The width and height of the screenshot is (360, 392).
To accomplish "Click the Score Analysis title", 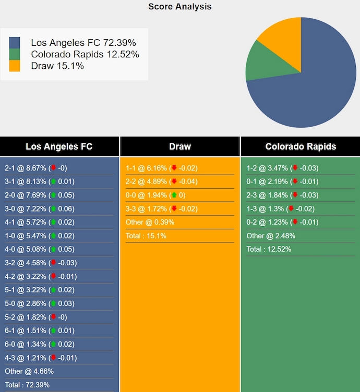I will pyautogui.click(x=179, y=7).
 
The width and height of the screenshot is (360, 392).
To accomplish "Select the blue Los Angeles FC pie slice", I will pyautogui.click(x=313, y=89).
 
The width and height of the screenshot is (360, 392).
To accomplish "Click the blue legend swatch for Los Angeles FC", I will pyautogui.click(x=15, y=43).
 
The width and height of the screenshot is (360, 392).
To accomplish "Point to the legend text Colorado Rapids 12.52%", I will pyautogui.click(x=85, y=54).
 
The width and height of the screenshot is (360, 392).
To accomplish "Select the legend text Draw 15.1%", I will pyautogui.click(x=57, y=66).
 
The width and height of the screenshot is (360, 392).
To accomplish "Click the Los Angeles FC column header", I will pyautogui.click(x=59, y=146).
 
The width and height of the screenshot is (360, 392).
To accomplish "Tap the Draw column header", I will pyautogui.click(x=180, y=146).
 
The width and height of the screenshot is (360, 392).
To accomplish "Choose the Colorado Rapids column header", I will pyautogui.click(x=301, y=146).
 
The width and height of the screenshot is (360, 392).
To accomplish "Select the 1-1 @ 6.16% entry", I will pyautogui.click(x=161, y=168).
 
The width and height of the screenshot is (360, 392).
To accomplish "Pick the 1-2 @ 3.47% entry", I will pyautogui.click(x=282, y=168).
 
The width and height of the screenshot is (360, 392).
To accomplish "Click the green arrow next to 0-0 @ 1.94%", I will pyautogui.click(x=174, y=195).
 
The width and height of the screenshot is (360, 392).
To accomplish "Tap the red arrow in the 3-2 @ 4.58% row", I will pyautogui.click(x=53, y=263).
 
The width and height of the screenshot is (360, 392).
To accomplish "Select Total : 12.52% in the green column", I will pyautogui.click(x=269, y=249).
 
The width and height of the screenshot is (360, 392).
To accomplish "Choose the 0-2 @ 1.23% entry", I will pyautogui.click(x=282, y=222).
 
